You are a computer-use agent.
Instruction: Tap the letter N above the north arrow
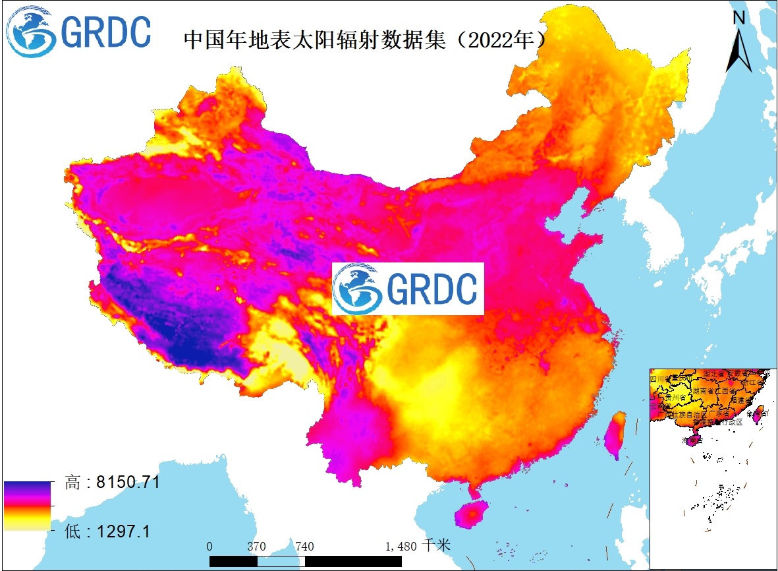pos(739,18)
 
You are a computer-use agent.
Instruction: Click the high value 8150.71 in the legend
pos(128,482)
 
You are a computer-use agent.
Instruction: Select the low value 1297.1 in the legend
pos(123,530)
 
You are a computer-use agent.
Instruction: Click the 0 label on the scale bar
pos(209,546)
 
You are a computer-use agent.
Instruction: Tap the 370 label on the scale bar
pos(256,546)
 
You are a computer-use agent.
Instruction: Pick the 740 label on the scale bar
pos(304,546)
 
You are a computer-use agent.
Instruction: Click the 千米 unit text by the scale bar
pos(437,545)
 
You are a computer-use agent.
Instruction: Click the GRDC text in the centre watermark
pos(431,288)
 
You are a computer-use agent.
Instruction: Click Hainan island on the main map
pos(470,512)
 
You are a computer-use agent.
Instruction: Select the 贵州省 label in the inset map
pos(675,398)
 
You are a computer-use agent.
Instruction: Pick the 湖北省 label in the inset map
pos(714,375)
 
